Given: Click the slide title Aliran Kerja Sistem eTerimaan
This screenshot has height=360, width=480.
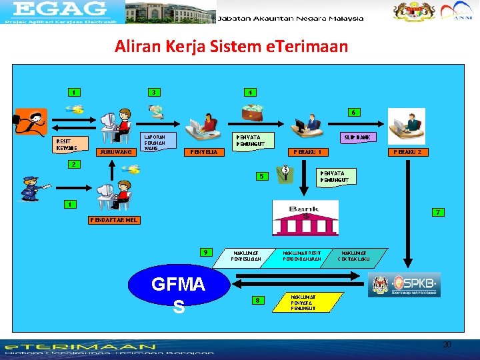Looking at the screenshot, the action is tap(231, 47).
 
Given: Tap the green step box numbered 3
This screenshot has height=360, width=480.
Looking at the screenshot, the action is tap(154, 92).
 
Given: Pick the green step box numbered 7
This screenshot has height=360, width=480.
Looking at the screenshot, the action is tap(437, 213).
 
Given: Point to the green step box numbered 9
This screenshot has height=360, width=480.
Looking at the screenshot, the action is tap(208, 252).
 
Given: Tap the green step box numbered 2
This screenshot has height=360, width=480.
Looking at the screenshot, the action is tap(75, 164).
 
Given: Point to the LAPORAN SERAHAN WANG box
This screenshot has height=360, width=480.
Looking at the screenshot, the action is tap(159, 142).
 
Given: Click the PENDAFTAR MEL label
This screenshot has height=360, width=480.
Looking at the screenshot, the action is tap(115, 220).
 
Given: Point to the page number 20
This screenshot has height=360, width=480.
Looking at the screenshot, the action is tap(447, 344).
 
